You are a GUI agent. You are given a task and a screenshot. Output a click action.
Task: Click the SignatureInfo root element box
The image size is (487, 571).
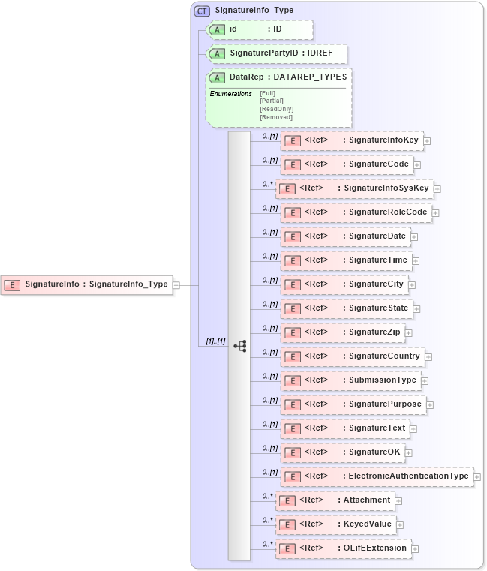(87, 284)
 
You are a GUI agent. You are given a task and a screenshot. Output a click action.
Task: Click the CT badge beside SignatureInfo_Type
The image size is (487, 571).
(202, 11)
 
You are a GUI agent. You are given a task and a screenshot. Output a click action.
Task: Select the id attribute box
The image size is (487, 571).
(260, 29)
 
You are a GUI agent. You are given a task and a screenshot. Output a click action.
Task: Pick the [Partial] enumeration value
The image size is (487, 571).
(270, 101)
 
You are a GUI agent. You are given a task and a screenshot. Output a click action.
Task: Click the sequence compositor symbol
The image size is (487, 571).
(240, 346)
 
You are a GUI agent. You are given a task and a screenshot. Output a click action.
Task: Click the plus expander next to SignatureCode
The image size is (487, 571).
(417, 165)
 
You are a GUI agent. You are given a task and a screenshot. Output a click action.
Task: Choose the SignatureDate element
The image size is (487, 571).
(345, 236)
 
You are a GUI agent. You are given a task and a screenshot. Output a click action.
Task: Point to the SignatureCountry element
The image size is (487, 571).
(352, 356)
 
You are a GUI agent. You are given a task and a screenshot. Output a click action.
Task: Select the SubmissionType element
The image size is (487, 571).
(350, 380)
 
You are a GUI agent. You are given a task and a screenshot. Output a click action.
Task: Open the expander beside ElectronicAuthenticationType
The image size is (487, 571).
(477, 476)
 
